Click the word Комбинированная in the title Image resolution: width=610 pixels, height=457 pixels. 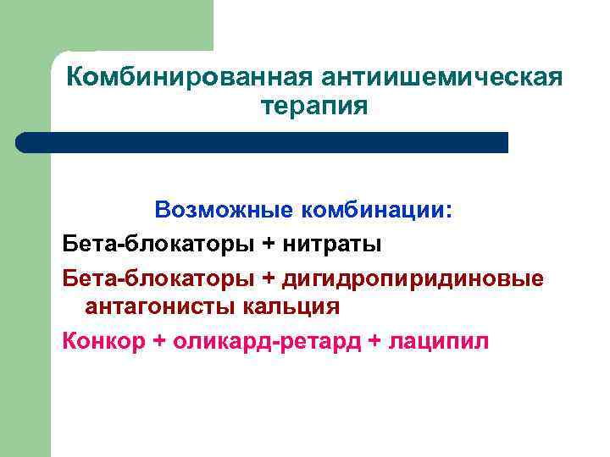(189, 78)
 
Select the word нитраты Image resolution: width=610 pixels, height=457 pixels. (333, 244)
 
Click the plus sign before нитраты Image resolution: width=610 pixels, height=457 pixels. (269, 244)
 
